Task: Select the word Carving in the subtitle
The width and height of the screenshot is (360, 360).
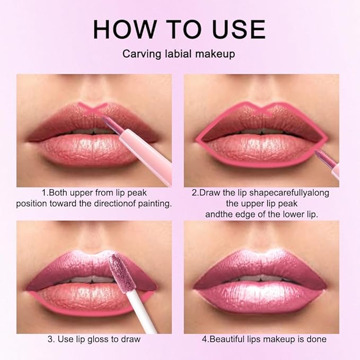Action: (x=139, y=54)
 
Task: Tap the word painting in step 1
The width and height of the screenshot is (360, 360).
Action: (x=154, y=204)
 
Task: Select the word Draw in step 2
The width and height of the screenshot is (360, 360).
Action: (x=209, y=193)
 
